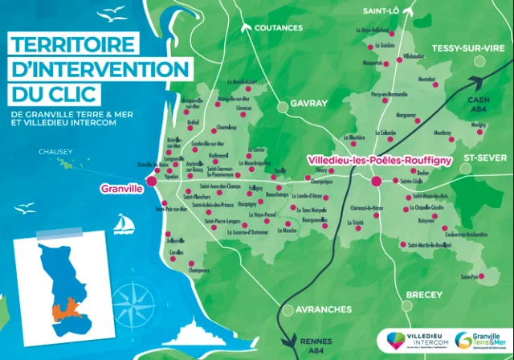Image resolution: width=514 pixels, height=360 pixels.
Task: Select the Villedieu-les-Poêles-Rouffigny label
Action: tap(379, 161)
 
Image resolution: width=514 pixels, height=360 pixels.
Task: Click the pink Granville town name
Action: tap(121, 189)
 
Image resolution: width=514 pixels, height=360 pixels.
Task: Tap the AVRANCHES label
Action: tap(318, 309)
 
